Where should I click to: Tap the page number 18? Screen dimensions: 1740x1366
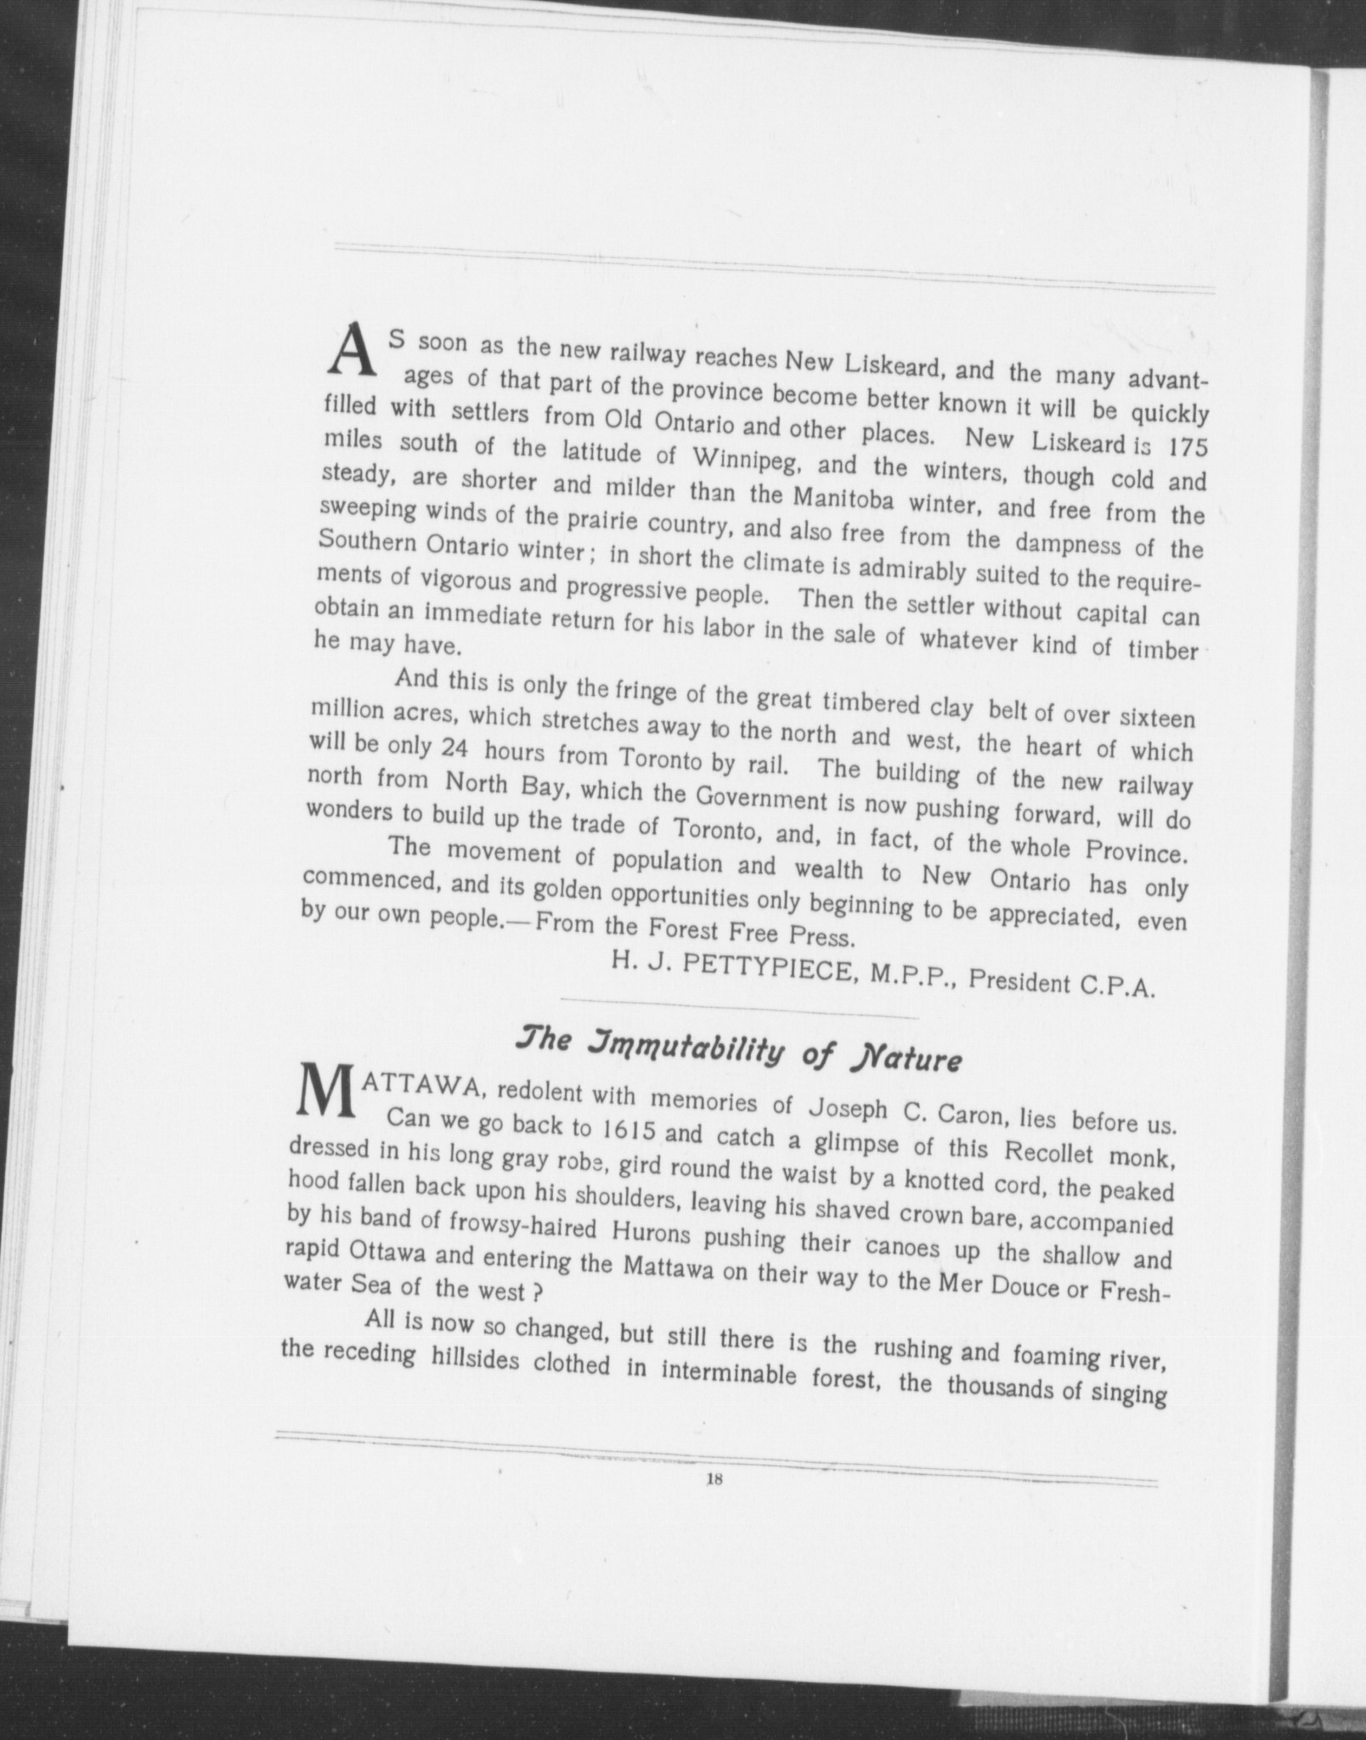tap(713, 1479)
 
